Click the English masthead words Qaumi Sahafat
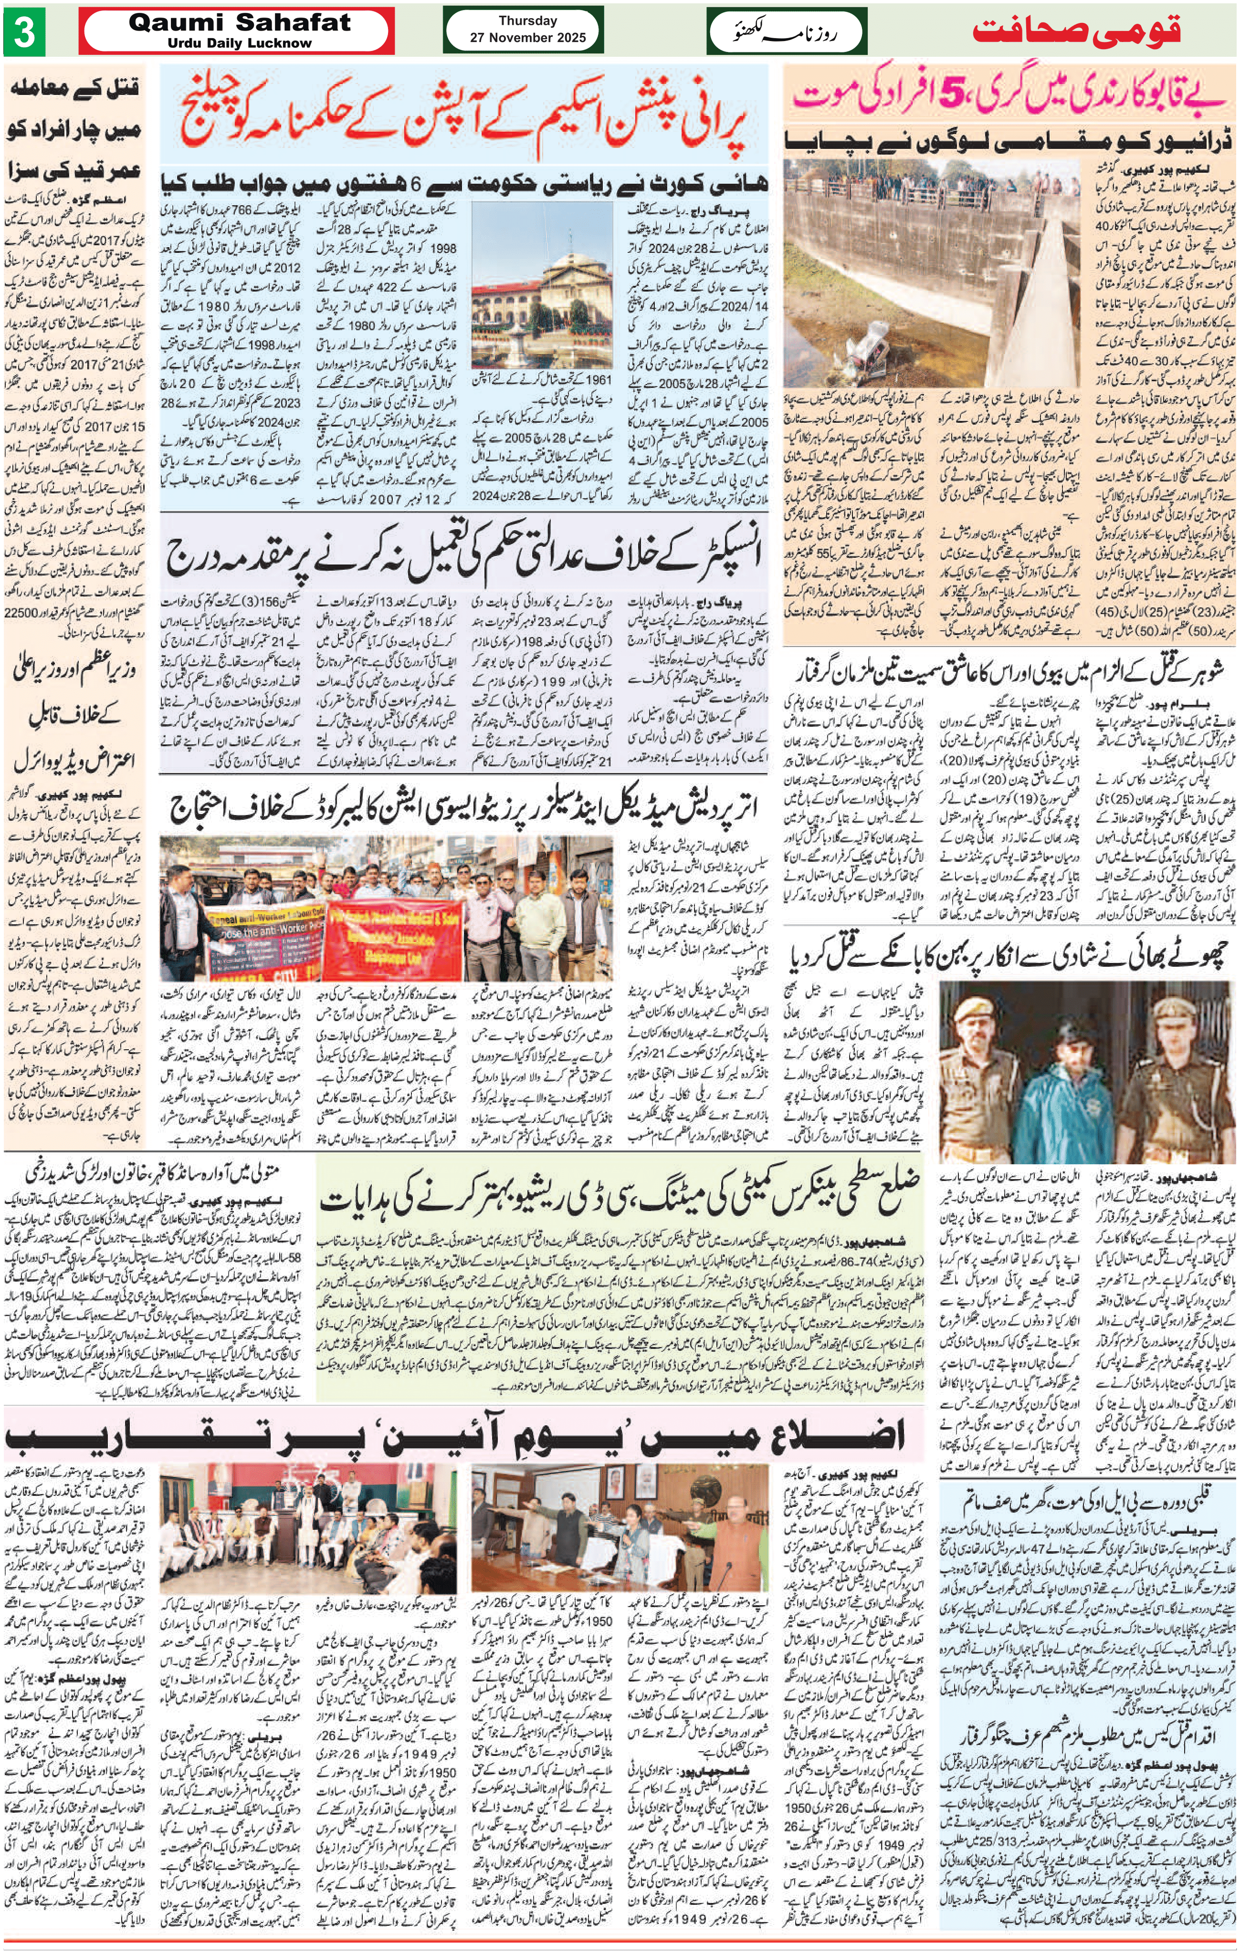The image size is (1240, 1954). point(240,23)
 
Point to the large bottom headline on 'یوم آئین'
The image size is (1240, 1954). point(454,1434)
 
